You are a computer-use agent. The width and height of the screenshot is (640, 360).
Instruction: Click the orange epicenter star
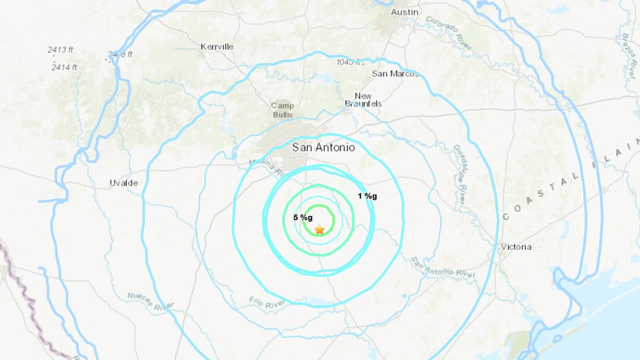[x=319, y=229]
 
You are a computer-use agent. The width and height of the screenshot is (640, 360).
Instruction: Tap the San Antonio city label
[x=323, y=147]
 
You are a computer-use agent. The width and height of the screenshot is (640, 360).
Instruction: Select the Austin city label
[x=404, y=12]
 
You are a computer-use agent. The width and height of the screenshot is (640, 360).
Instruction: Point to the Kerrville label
[x=217, y=46]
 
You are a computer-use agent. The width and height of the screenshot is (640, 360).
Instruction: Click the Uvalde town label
[x=123, y=183]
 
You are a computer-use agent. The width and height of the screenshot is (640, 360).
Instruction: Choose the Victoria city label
[x=516, y=247]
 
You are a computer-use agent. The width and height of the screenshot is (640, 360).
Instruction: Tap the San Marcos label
[x=395, y=73]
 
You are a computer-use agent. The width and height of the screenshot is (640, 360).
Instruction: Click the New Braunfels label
[x=363, y=100]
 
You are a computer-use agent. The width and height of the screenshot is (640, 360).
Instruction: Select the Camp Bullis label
[x=282, y=110]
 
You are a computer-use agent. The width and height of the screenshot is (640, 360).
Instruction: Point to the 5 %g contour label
[x=303, y=217]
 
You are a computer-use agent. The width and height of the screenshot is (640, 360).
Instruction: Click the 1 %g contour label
[x=367, y=196]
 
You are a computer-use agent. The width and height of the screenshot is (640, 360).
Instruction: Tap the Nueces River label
[x=150, y=301]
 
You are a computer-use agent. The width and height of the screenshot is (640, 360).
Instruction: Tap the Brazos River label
[x=628, y=55]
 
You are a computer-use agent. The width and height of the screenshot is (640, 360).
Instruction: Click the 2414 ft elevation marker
[x=64, y=67]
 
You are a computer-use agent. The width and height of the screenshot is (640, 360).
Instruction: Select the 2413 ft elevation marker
[x=60, y=50]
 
